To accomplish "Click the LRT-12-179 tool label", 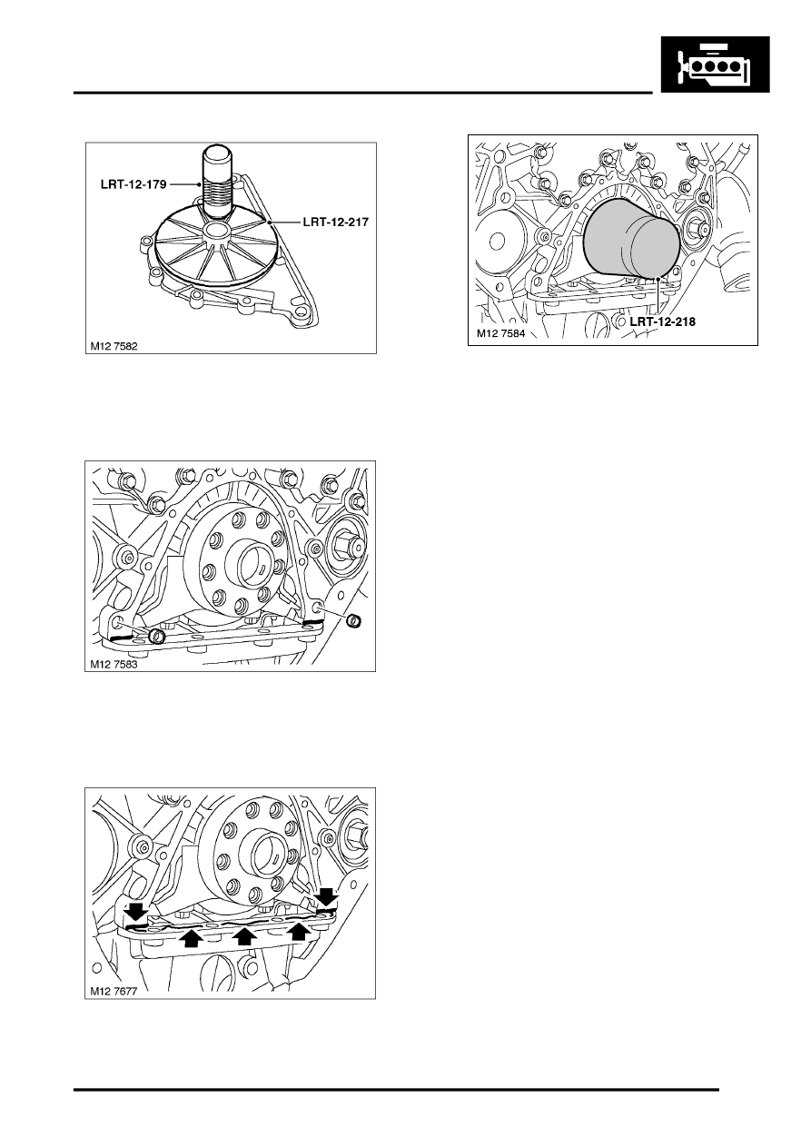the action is [x=134, y=184].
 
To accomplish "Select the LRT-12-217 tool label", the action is [x=336, y=222].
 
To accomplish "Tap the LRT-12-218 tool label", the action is [x=663, y=321].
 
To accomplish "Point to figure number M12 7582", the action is [x=114, y=346].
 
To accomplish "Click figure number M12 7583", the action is [x=114, y=664].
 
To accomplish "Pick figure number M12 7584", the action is [x=500, y=334].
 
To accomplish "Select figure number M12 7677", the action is [x=114, y=991].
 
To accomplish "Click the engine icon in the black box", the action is [x=715, y=64].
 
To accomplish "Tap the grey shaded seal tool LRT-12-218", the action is [x=631, y=240].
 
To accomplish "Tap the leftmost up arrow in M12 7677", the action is [x=191, y=937].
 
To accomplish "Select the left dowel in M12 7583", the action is [x=156, y=636].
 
